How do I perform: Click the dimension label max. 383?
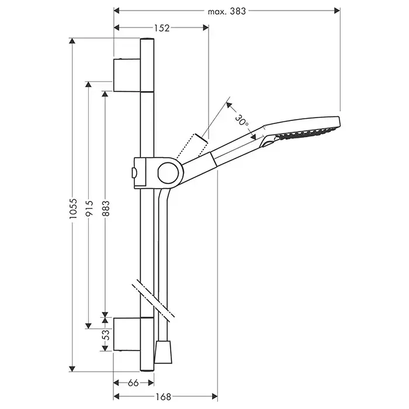[227, 11]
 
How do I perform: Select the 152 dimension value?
[162, 28]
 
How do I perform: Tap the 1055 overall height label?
[73, 209]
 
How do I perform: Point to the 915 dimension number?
[89, 208]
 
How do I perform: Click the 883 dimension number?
[106, 209]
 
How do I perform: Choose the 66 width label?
[133, 383]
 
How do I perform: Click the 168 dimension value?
[163, 397]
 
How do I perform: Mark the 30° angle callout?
[241, 120]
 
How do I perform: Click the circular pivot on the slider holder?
[168, 173]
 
